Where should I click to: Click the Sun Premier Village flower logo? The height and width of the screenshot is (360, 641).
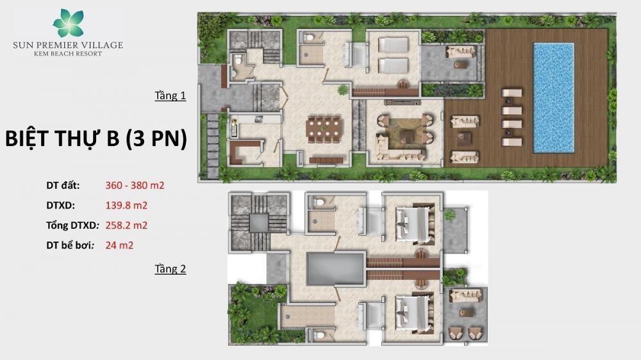[x=68, y=23]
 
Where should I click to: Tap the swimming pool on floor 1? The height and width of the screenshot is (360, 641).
[x=554, y=98]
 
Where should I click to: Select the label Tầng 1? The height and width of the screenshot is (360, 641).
[x=170, y=95]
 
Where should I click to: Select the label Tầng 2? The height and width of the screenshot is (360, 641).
[x=170, y=269]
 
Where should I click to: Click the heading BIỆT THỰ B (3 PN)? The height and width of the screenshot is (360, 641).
[x=96, y=138]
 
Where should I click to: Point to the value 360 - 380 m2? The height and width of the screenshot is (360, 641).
[x=135, y=186]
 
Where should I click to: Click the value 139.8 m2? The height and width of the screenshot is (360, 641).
[x=126, y=205]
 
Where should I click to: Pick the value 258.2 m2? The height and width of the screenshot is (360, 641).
[x=126, y=225]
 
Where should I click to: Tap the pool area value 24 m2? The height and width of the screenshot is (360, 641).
[x=119, y=245]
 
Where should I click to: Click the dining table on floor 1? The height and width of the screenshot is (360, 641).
[x=323, y=129]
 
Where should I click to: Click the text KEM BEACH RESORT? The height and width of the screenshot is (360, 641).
[x=68, y=54]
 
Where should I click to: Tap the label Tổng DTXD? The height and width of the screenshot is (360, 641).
[x=73, y=225]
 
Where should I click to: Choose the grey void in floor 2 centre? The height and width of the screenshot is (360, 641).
[x=335, y=268]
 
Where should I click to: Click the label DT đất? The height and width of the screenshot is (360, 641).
[x=63, y=186]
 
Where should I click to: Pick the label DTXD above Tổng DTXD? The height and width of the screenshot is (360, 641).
[x=60, y=205]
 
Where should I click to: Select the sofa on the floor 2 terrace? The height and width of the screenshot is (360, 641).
[x=465, y=295]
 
